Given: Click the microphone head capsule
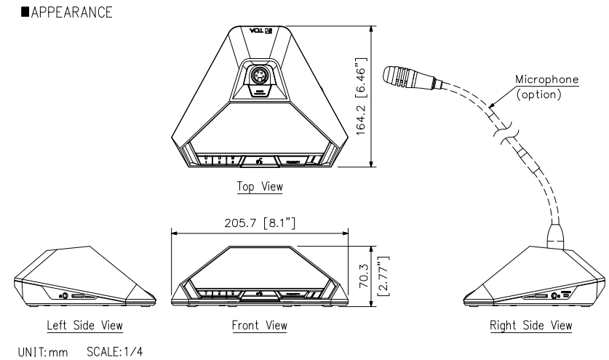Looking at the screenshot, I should click(416, 78).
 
